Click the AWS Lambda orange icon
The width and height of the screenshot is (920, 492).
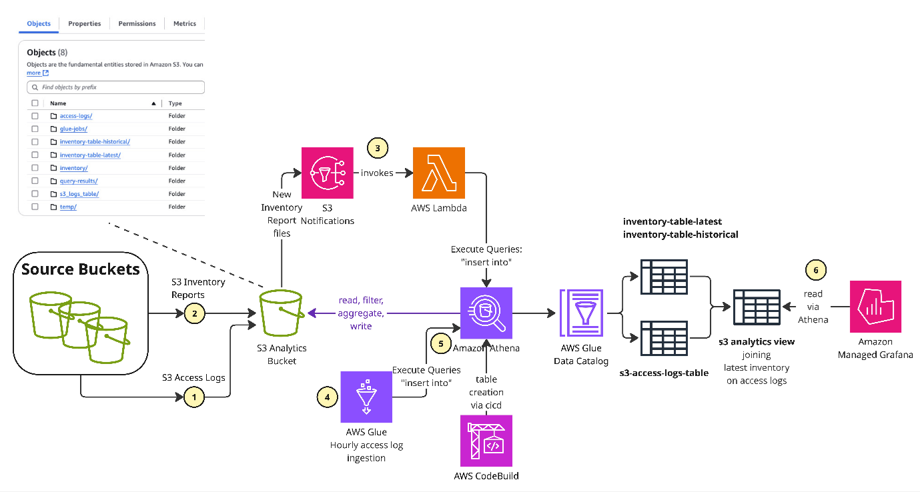(438, 173)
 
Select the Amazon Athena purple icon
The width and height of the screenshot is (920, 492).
(486, 313)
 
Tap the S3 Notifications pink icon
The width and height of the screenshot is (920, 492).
(327, 173)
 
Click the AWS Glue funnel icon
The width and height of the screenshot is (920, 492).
(366, 397)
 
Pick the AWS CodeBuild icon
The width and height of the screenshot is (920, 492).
(486, 441)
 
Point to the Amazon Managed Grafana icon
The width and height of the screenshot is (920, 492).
(875, 306)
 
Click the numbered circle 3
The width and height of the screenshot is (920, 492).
(378, 148)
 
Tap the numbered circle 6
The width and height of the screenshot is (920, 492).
(815, 270)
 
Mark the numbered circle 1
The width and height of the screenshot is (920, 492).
(194, 398)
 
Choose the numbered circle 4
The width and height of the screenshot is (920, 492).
(327, 397)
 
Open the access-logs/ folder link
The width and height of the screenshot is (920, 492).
(75, 116)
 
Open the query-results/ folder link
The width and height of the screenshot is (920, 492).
(78, 181)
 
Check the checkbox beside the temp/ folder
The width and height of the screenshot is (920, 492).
(35, 207)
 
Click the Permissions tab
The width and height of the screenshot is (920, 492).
(137, 23)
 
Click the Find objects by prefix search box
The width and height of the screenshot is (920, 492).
(115, 87)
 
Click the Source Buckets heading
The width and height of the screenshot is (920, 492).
(80, 269)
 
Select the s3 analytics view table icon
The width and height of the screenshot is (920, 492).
(756, 307)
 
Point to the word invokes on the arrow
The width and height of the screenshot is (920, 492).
(377, 173)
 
